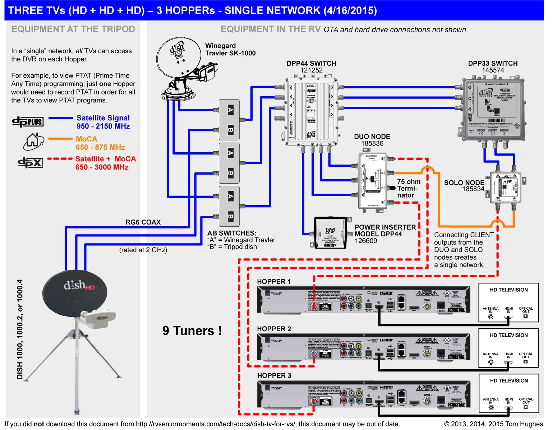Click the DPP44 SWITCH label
[311, 63]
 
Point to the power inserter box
[330, 233]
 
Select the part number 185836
[372, 144]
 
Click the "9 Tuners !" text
[192, 330]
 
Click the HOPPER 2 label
[274, 329]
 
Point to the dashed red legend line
[60, 158]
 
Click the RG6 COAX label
[143, 222]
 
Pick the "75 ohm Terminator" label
[408, 188]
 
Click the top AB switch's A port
[230, 110]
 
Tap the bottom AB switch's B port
[230, 217]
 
